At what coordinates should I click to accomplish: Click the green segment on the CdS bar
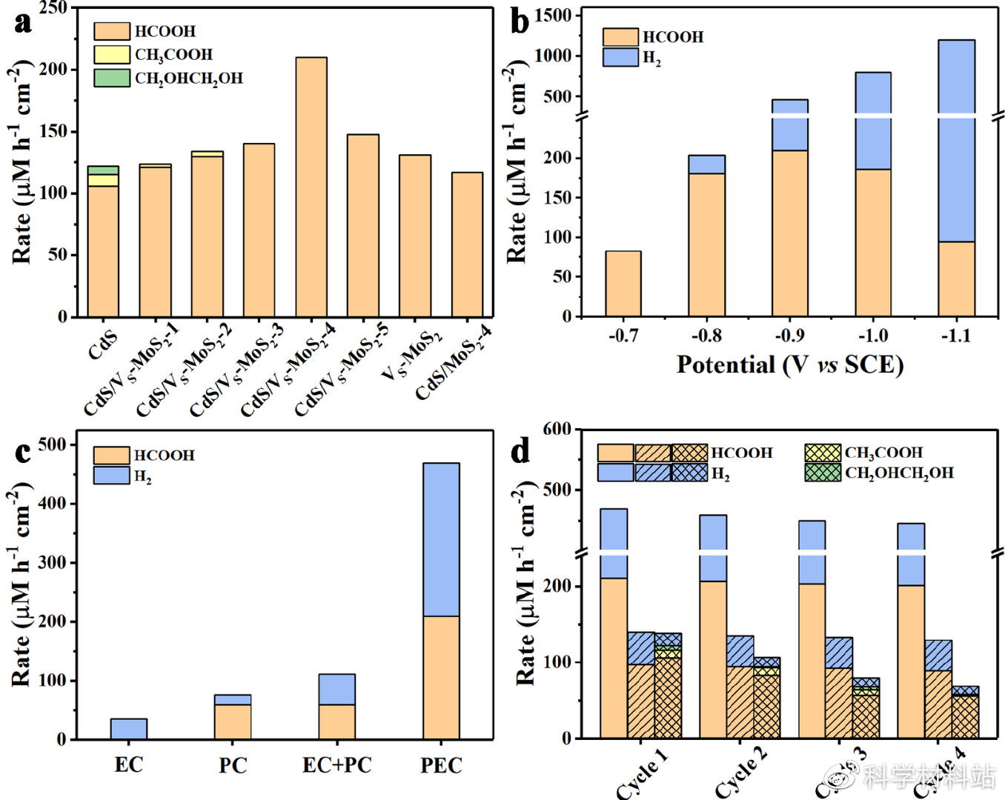pyautogui.click(x=103, y=170)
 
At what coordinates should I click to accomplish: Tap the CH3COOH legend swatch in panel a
pyautogui.click(x=112, y=55)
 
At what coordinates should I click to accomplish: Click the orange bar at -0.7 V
pyautogui.click(x=623, y=284)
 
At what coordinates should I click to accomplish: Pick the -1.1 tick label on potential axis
pyautogui.click(x=955, y=336)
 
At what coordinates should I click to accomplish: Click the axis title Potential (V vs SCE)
pyautogui.click(x=789, y=364)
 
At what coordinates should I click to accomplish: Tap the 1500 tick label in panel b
pyautogui.click(x=553, y=16)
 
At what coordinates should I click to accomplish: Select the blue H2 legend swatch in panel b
pyautogui.click(x=620, y=58)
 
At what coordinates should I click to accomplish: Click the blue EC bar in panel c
pyautogui.click(x=128, y=729)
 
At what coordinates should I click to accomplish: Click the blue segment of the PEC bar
pyautogui.click(x=441, y=539)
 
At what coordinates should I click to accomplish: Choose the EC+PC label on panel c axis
pyautogui.click(x=337, y=764)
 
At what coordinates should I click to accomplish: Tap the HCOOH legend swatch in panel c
pyautogui.click(x=112, y=455)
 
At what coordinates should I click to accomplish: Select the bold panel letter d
pyautogui.click(x=520, y=450)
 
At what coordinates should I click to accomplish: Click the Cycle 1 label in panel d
pyautogui.click(x=642, y=774)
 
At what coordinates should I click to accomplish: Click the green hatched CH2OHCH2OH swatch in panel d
pyautogui.click(x=823, y=473)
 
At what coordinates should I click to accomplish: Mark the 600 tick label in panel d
pyautogui.click(x=557, y=429)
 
